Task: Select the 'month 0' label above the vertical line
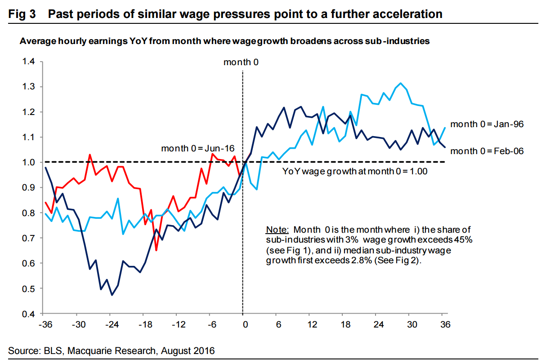click(241, 62)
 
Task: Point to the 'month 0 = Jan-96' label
click(487, 124)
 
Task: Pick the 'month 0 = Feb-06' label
click(487, 151)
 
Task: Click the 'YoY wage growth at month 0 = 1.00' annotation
click(355, 171)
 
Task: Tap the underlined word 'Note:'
click(276, 230)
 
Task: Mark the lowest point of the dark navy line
click(112, 295)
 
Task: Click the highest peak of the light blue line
click(401, 83)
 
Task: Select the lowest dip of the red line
click(156, 250)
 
